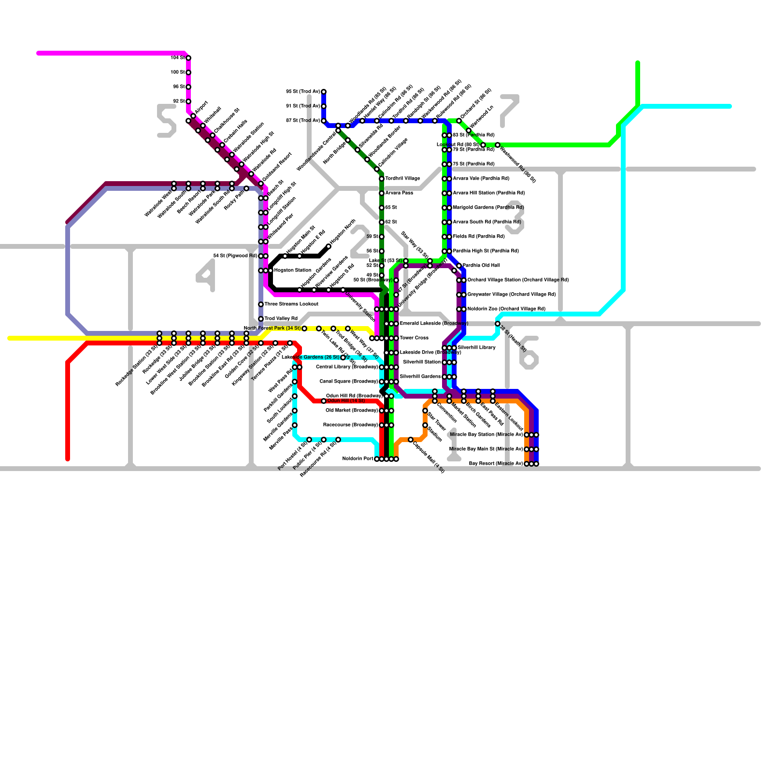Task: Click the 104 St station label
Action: click(177, 58)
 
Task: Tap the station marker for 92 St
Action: click(188, 101)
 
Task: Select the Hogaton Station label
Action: click(292, 271)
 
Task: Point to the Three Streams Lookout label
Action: click(291, 304)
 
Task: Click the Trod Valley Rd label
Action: click(281, 319)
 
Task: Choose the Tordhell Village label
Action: click(402, 179)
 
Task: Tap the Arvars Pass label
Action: click(399, 193)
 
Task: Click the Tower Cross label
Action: click(414, 338)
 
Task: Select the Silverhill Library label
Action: click(476, 348)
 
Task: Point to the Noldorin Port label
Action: click(358, 459)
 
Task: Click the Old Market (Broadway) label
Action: click(351, 411)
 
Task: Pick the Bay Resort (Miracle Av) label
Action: click(496, 464)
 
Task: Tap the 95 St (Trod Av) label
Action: click(302, 92)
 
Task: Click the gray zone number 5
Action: click(167, 121)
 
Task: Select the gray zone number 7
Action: click(509, 111)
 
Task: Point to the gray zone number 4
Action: click(206, 275)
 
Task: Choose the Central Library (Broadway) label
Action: click(346, 367)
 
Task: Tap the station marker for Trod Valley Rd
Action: click(261, 319)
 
